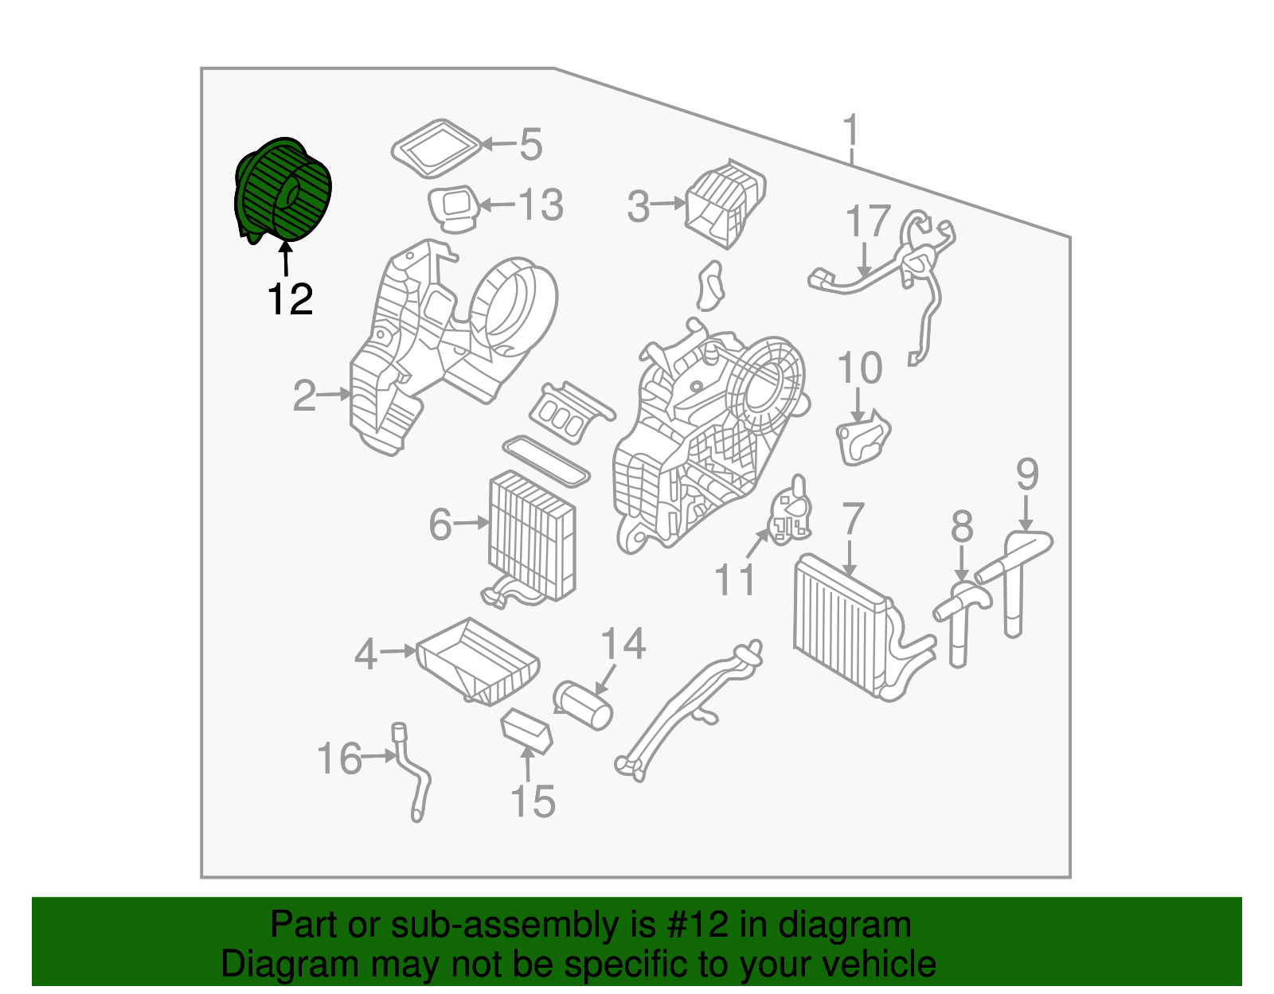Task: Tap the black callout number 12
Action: pyautogui.click(x=290, y=300)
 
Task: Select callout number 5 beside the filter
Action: pyautogui.click(x=531, y=145)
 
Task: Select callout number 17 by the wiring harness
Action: pyautogui.click(x=867, y=221)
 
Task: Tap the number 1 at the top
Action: pyautogui.click(x=851, y=131)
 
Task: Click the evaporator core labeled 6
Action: pyautogui.click(x=531, y=533)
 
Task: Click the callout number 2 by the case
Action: pyautogui.click(x=304, y=396)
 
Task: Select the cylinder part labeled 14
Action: pyautogui.click(x=584, y=704)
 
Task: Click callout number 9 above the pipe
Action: pyautogui.click(x=1027, y=475)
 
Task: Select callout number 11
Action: pyautogui.click(x=734, y=579)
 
